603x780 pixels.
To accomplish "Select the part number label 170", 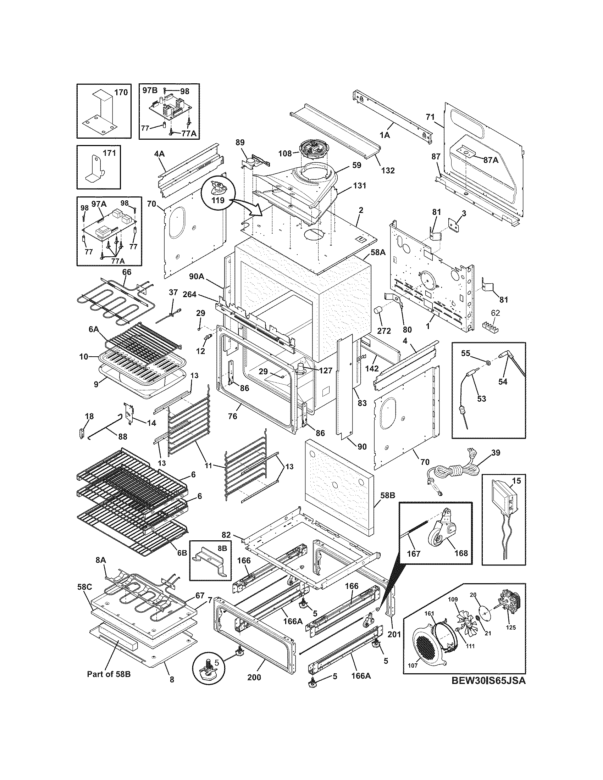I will tap(120, 93).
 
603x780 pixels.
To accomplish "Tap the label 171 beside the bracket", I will tap(109, 153).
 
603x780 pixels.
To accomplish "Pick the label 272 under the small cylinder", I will tap(384, 330).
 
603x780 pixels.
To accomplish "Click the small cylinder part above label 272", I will tap(378, 311).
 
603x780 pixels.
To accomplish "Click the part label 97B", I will tap(150, 90).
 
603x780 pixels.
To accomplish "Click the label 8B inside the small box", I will tap(222, 547).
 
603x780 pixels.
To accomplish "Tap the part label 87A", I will tap(491, 160).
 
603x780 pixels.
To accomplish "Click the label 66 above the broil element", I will tap(127, 272).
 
